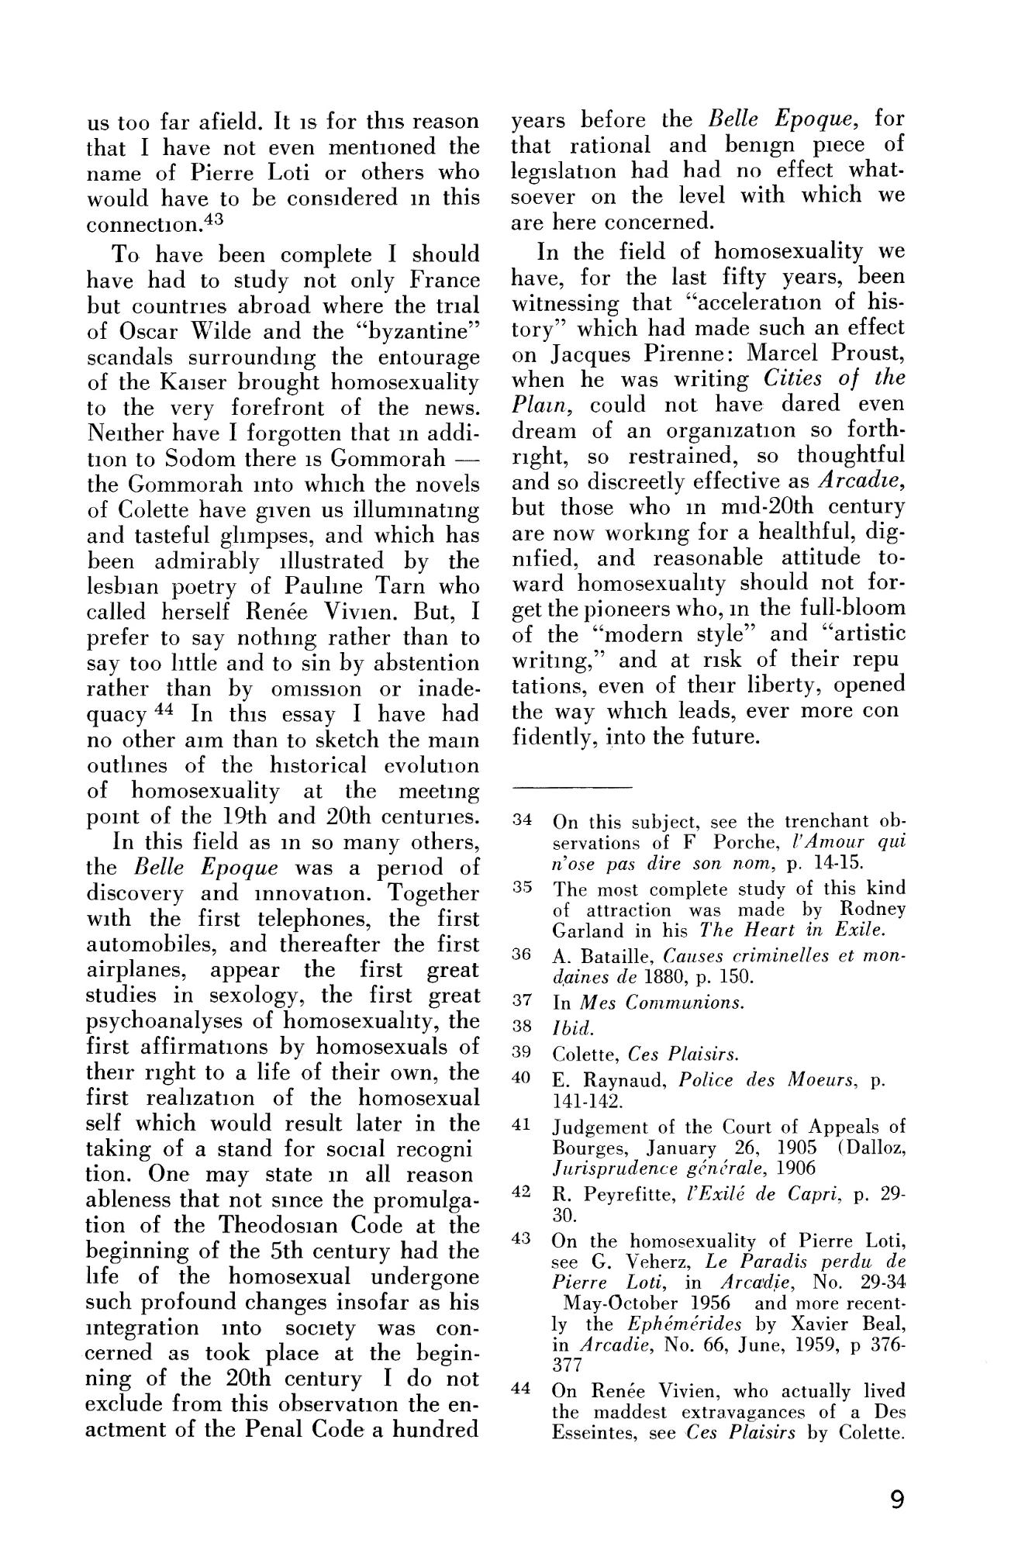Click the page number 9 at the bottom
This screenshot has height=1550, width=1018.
click(x=897, y=1501)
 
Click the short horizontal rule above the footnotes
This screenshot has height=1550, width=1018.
click(x=571, y=787)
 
